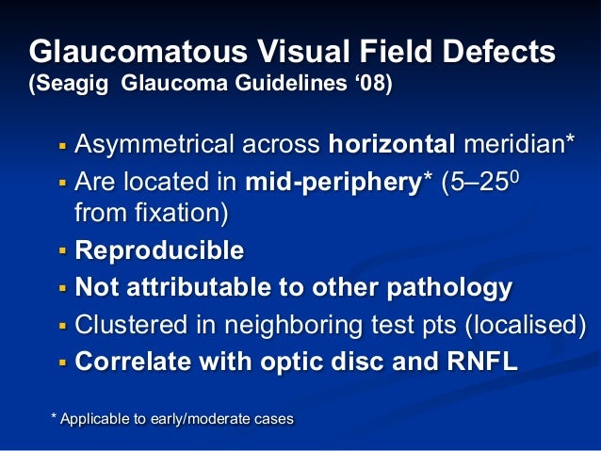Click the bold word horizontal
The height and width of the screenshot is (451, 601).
point(391,146)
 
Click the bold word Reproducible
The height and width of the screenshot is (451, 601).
point(159,251)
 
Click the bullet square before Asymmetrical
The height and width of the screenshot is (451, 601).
point(62,148)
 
